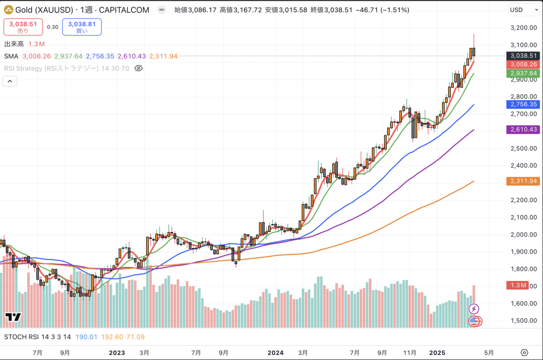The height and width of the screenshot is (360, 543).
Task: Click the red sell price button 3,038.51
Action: (23, 27)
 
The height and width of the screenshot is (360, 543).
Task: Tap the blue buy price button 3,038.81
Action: (82, 27)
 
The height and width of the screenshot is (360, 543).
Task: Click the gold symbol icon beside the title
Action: (8, 10)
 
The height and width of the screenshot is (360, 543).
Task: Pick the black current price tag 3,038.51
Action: (523, 56)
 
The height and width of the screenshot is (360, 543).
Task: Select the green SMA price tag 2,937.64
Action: (523, 73)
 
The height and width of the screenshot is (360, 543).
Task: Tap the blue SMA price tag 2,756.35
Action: (523, 104)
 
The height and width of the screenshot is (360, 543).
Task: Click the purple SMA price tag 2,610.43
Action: (523, 129)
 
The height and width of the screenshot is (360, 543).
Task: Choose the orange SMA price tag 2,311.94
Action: (523, 181)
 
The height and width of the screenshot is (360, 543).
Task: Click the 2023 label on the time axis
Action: (117, 352)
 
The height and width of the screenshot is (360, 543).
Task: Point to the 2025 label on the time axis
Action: (437, 352)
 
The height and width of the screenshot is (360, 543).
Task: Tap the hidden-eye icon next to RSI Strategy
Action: (138, 68)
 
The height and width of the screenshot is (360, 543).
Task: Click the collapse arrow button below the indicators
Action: (10, 81)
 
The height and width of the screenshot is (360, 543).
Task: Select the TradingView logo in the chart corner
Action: (13, 317)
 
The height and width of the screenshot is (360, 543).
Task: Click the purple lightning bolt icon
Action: (474, 309)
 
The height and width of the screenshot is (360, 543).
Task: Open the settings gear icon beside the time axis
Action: (524, 352)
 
